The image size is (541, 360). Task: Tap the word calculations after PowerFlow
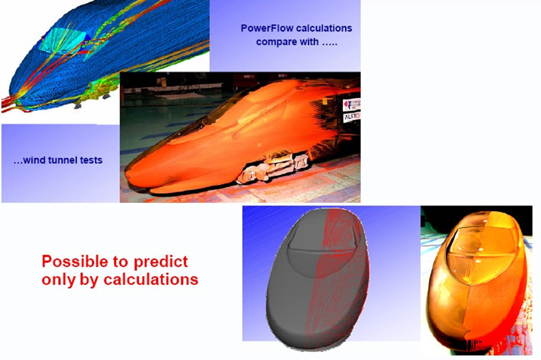click(x=320, y=28)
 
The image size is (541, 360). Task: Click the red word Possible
click(x=75, y=261)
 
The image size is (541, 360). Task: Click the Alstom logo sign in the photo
click(x=352, y=117)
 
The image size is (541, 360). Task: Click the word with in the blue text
click(x=311, y=42)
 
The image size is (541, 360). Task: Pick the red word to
click(x=121, y=262)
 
